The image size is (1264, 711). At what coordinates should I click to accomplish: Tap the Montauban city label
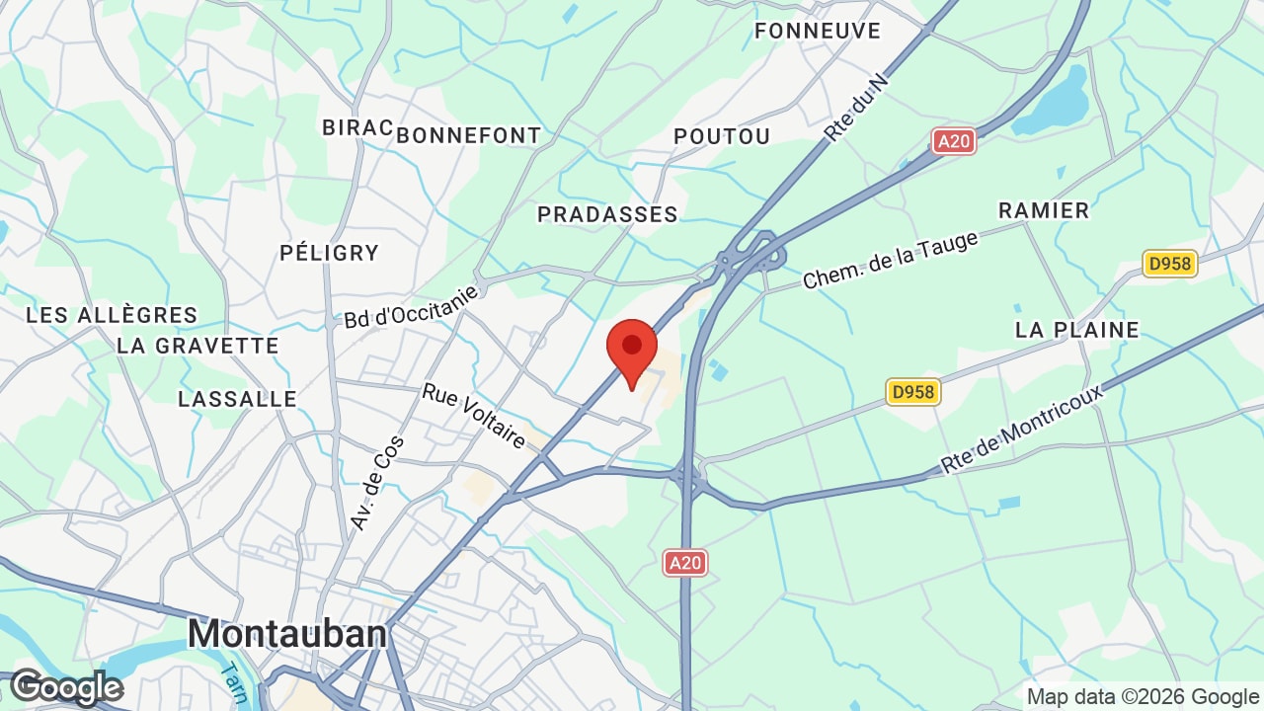point(286,633)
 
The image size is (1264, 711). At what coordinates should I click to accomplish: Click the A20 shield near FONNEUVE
point(953,141)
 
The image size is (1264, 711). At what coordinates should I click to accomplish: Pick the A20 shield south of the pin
point(684,563)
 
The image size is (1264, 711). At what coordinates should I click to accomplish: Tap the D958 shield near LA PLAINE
point(1170,264)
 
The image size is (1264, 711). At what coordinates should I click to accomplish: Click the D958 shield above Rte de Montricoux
point(912,392)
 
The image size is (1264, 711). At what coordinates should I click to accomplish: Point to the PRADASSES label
point(607,214)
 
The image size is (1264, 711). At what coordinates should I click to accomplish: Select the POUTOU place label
point(721,136)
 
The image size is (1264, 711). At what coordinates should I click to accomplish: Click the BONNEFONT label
point(469,135)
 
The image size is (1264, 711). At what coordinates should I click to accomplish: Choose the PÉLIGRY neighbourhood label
point(329,253)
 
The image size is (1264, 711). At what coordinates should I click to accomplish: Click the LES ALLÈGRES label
point(112,315)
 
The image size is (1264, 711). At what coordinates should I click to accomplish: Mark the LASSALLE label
point(237,399)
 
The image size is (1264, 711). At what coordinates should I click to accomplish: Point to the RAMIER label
point(1043,210)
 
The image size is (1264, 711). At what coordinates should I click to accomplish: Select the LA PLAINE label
point(1076,330)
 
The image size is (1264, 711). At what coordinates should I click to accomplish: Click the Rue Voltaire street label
point(474,416)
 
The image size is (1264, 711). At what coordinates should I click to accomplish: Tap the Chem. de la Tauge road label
point(891,261)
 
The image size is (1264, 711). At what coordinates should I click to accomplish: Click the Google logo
point(66,687)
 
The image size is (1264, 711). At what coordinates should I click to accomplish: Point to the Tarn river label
point(234,680)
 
